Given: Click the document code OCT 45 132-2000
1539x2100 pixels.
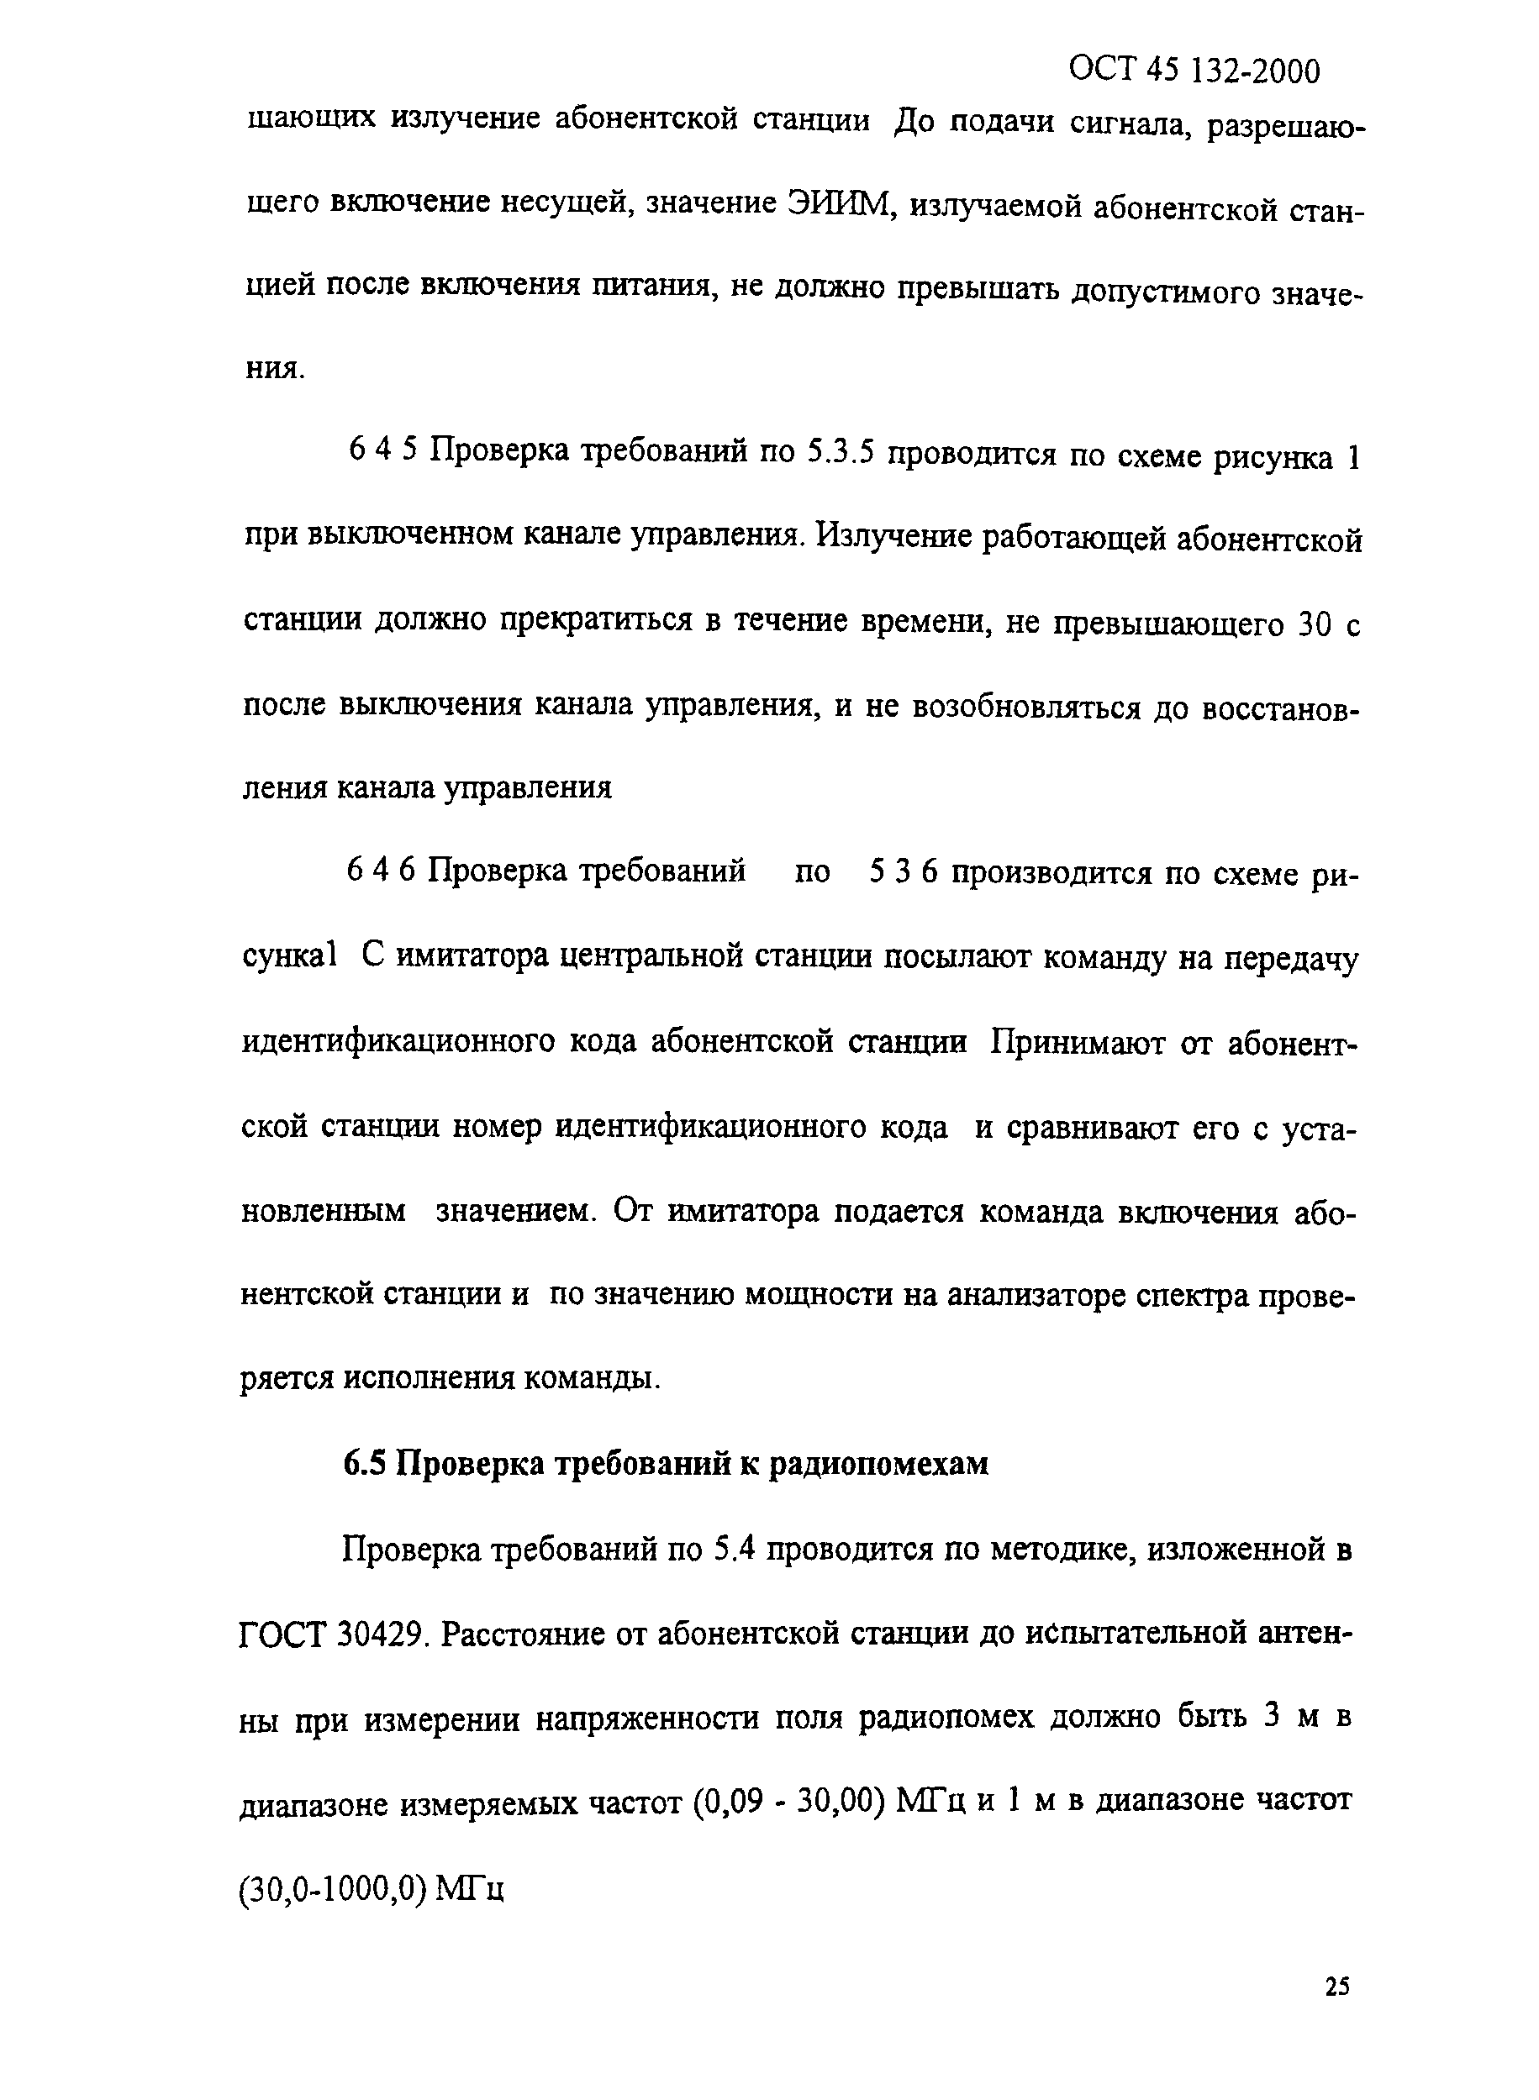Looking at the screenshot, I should point(1194,71).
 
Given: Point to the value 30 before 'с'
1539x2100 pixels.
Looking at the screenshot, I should point(1315,623).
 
